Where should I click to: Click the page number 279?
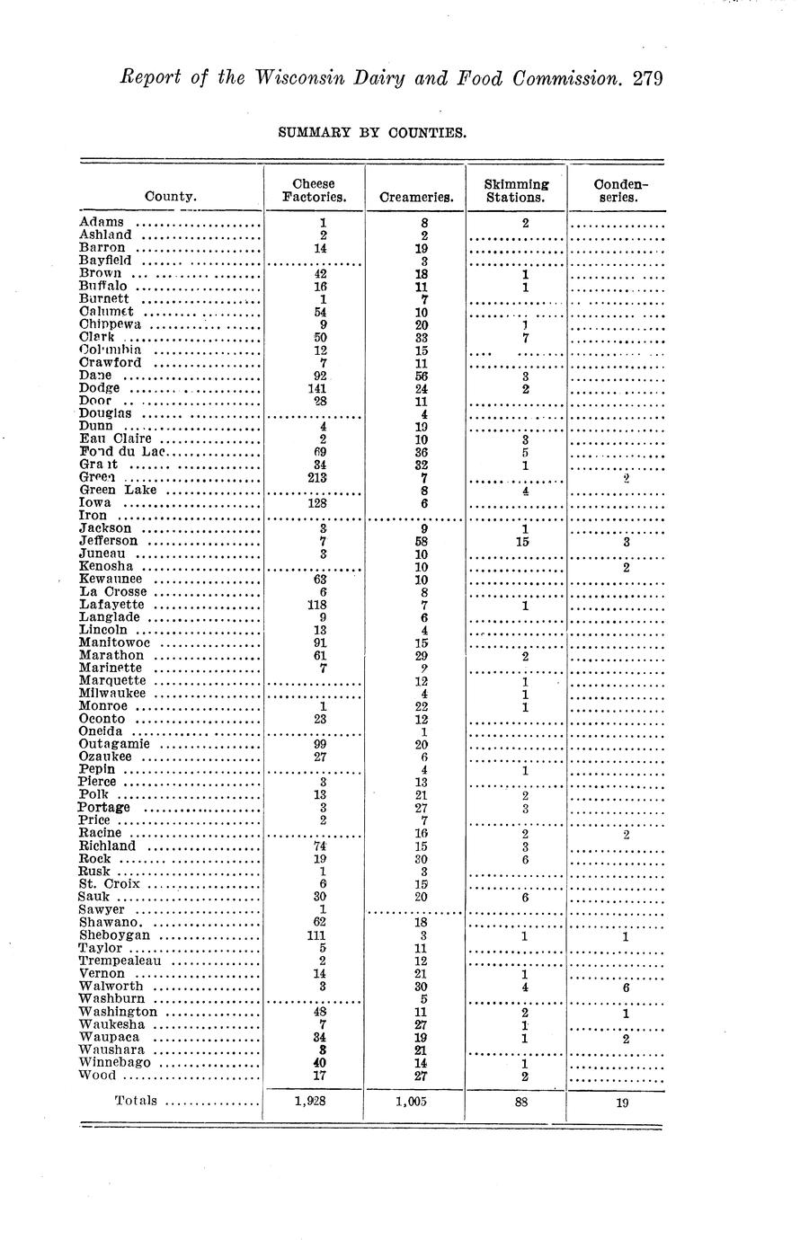(647, 78)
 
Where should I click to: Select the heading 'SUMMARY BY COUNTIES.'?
(372, 133)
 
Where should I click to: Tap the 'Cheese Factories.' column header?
(315, 190)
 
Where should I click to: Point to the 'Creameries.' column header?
(416, 197)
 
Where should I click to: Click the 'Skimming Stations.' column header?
(515, 190)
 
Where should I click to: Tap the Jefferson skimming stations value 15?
(523, 542)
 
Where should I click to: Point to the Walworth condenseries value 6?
(626, 988)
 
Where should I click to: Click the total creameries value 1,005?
(414, 1103)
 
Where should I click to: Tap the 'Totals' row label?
(136, 1101)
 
